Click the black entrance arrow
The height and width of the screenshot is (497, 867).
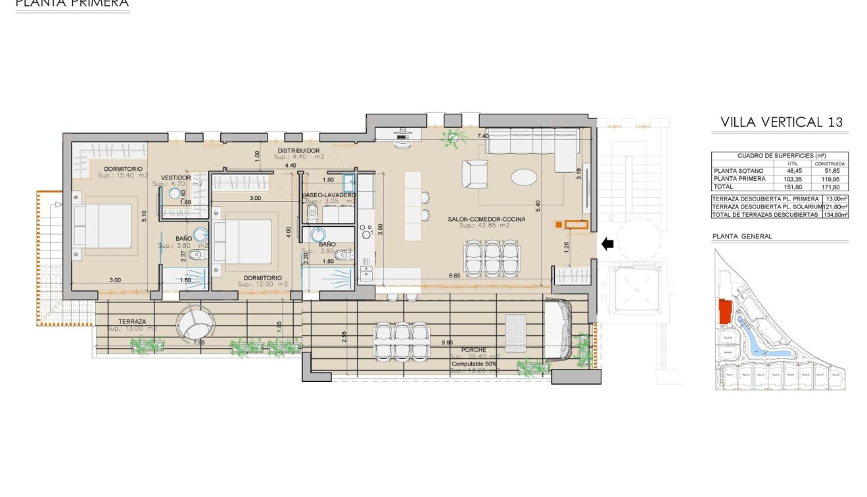pos(607,244)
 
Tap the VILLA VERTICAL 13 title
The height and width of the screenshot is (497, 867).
pos(781,122)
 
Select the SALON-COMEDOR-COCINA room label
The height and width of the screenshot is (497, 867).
pos(486,219)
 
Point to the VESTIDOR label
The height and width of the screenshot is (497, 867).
pos(176,177)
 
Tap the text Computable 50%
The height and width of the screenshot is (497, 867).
pos(474,364)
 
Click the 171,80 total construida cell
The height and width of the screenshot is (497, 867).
pos(830,187)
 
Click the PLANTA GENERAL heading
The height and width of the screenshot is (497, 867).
pos(742,237)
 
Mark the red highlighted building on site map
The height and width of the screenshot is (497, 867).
pos(725,312)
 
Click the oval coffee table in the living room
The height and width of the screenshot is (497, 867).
pos(524,177)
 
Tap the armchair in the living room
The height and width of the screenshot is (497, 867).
pos(475,174)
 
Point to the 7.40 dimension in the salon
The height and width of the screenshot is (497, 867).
pos(482,136)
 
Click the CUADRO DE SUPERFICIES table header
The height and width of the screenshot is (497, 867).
pos(780,155)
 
